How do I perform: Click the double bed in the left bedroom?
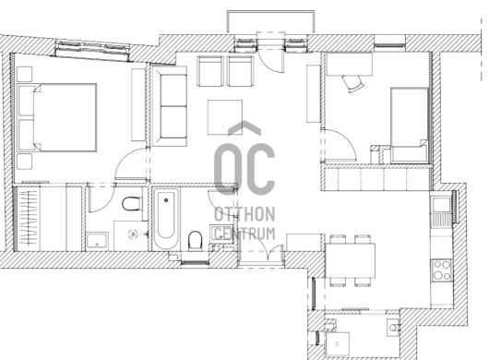57,117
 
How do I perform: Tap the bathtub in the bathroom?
166,219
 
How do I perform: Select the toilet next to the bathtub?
196,241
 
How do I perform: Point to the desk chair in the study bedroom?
353,84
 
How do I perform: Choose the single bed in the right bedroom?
409,125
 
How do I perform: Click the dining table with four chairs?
351,260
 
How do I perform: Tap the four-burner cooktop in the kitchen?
442,270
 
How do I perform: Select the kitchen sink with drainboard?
442,210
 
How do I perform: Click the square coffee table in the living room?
225,117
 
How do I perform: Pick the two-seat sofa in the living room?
170,106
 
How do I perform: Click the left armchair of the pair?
210,71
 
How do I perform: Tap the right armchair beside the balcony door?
240,71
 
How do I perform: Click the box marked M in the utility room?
337,343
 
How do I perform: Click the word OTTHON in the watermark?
244,214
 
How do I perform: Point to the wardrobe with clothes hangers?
28,218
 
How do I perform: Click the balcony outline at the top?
270,12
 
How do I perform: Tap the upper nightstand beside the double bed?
24,74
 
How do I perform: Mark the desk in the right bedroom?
350,64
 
